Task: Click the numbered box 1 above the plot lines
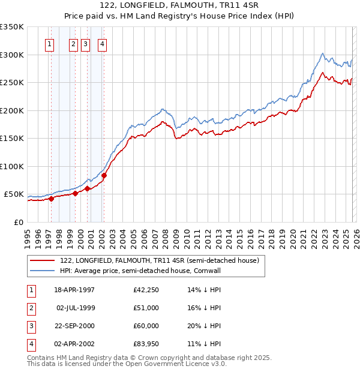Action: tap(49, 44)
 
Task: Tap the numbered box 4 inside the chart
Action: tap(103, 44)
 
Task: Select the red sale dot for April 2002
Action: tap(104, 176)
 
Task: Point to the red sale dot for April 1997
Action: tap(51, 199)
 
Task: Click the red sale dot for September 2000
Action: tap(88, 188)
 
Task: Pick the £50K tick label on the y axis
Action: tap(14, 194)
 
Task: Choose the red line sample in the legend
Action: tap(43, 260)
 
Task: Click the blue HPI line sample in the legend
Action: tap(43, 271)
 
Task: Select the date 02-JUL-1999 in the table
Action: tap(76, 308)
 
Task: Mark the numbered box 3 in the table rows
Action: tap(31, 326)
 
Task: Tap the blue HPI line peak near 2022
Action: tap(323, 53)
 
